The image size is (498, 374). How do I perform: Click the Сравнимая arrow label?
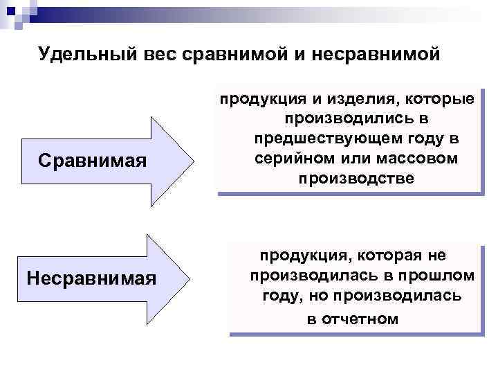pyautogui.click(x=93, y=161)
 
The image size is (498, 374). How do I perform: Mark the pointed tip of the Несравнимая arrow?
pyautogui.click(x=192, y=279)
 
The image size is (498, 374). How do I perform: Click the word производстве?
pyautogui.click(x=356, y=179)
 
